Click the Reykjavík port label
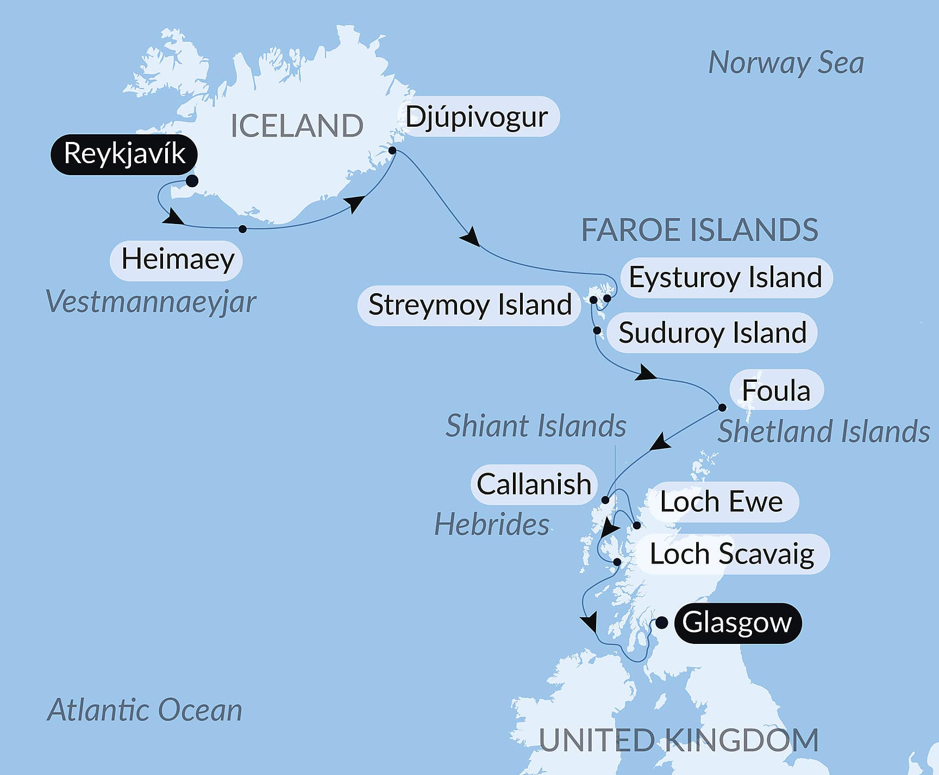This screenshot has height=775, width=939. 124,154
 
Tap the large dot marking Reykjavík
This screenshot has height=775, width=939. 192,181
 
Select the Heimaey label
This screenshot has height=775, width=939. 177,260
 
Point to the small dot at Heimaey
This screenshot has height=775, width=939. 243,229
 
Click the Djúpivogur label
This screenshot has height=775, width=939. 477,116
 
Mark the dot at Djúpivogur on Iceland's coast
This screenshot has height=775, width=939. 392,150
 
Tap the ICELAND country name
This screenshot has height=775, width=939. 297,126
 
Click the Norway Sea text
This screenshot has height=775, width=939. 786,63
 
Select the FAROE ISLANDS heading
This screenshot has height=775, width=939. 699,230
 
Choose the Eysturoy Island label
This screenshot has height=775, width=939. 725,277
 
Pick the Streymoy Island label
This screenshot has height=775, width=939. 469,305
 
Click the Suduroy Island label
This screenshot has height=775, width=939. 712,333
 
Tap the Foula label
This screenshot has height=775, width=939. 775,390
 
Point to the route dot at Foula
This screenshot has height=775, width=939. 722,407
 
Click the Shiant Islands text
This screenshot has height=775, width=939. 536,425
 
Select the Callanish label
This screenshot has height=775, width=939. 534,484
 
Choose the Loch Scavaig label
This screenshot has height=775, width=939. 732,554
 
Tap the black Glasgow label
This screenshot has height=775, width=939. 736,623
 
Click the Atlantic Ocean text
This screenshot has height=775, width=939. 145,710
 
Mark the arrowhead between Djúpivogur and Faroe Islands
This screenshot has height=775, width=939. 469,238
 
